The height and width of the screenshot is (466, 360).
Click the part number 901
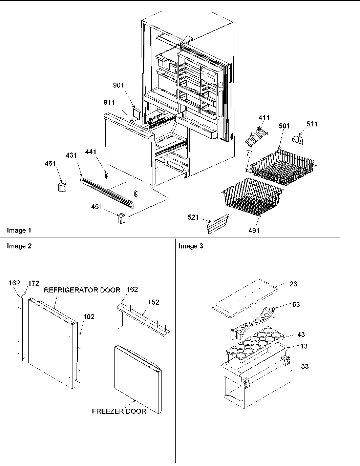(119, 86)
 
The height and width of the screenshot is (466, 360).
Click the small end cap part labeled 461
(61, 187)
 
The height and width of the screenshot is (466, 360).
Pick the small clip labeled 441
(106, 175)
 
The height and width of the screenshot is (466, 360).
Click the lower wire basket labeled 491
(251, 197)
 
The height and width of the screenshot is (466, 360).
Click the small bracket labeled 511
(298, 139)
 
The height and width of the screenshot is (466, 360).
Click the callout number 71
(249, 154)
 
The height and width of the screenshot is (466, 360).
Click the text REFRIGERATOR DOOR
(82, 290)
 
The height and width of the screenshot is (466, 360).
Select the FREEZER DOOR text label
(119, 411)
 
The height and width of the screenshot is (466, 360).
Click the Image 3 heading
(191, 246)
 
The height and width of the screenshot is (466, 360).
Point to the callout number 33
(304, 366)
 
